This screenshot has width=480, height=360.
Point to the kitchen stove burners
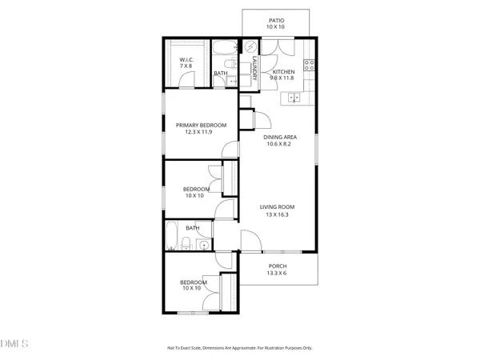(308, 64)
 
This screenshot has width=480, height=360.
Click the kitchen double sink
(294, 99)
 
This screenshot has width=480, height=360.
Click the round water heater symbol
(251, 46)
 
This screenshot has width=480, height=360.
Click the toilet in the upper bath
(231, 62)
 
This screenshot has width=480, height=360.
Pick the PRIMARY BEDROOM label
(201, 125)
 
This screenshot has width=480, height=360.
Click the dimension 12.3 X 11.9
(201, 133)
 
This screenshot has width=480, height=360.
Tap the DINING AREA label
(280, 137)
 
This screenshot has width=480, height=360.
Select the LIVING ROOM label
(278, 208)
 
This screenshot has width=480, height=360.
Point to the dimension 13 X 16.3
(278, 216)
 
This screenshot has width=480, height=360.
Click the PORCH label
(278, 266)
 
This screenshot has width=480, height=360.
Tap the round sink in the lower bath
(204, 246)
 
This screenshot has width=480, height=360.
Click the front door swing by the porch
(250, 240)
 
